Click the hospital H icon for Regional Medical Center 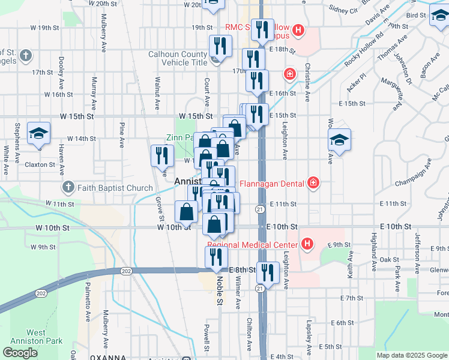307,244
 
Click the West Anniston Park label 44,337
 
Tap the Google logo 20,353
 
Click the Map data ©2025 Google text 411,355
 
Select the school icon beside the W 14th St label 38,134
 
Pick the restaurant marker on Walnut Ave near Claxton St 161,155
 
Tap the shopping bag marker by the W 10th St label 186,211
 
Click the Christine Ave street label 307,83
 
